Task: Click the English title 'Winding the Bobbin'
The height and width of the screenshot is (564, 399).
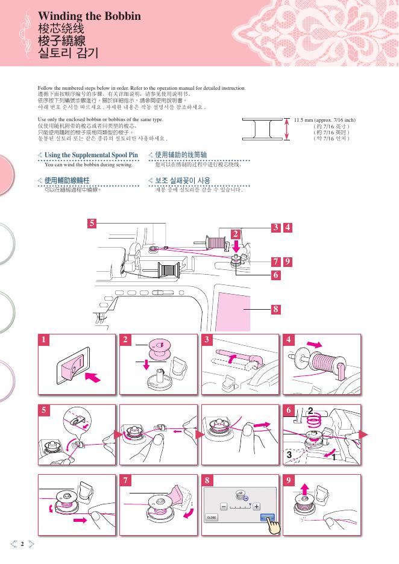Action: click(x=89, y=16)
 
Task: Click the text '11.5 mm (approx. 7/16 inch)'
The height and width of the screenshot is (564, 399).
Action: click(x=324, y=120)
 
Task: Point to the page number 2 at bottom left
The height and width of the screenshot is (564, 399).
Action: click(x=22, y=545)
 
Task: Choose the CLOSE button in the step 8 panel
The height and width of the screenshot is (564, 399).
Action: click(x=212, y=518)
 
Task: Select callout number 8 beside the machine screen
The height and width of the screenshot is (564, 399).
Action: click(x=275, y=310)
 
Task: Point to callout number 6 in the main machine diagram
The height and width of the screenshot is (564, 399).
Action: click(x=275, y=275)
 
